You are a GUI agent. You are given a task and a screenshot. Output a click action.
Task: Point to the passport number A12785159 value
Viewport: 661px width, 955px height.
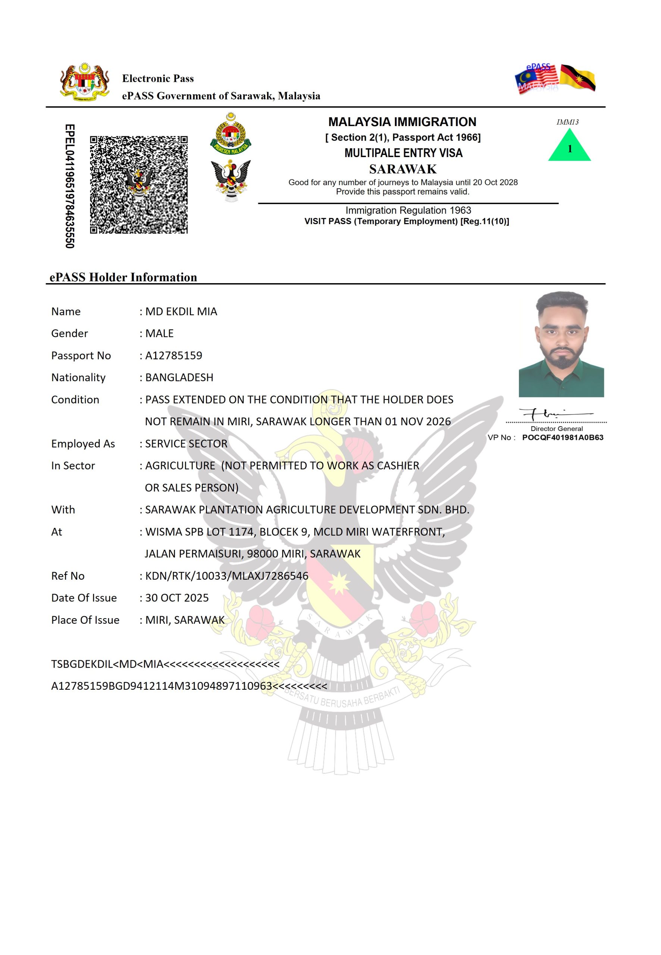(x=173, y=356)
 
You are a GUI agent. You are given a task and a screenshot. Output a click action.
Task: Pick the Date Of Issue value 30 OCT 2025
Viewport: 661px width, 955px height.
(x=177, y=598)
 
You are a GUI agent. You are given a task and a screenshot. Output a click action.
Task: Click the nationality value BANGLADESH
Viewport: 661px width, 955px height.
(x=179, y=377)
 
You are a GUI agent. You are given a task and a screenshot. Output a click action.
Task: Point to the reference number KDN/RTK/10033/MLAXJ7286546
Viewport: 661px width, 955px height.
(x=226, y=576)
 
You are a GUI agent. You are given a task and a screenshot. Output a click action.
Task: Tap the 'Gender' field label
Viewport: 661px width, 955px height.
(x=70, y=334)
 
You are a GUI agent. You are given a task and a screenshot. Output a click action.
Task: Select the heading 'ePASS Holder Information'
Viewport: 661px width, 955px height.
(x=123, y=277)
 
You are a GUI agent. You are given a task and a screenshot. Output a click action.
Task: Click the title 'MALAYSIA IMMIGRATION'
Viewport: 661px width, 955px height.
(x=402, y=122)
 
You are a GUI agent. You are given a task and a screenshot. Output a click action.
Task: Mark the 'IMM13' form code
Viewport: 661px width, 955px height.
(x=567, y=122)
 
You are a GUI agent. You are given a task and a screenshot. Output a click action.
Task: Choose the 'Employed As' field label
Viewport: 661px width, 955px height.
(x=83, y=444)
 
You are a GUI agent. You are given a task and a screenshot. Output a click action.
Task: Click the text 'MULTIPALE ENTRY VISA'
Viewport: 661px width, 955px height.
(x=403, y=153)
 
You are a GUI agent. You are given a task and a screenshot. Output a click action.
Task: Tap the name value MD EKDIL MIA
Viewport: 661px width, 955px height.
(x=181, y=311)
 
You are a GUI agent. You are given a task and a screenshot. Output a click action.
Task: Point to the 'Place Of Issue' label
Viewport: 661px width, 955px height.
(x=85, y=620)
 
